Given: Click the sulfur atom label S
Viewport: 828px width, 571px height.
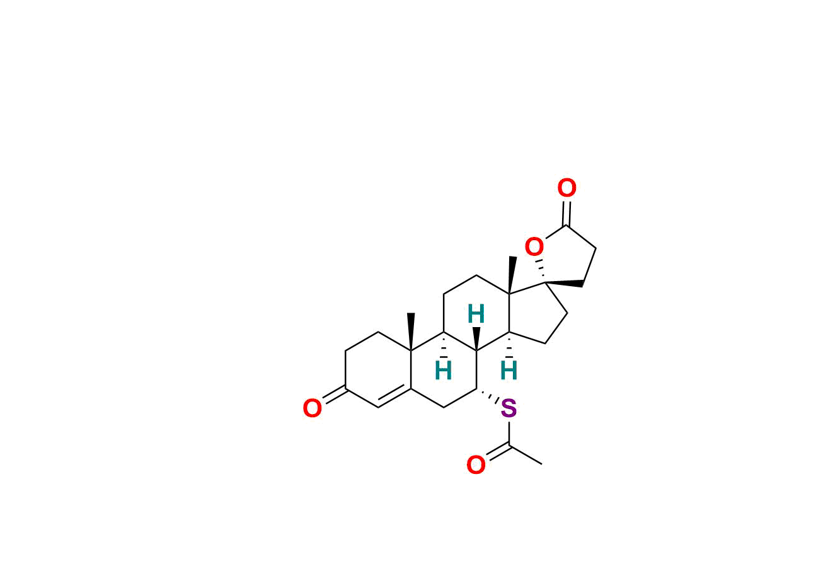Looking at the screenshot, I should click(509, 410).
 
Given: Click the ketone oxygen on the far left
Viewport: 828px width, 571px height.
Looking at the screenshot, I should click(312, 408).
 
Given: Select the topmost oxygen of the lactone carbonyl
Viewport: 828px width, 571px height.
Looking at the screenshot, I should click(566, 188).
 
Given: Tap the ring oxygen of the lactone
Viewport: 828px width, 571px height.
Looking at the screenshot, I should click(534, 247).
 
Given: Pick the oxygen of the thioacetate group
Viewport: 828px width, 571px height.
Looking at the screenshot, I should click(476, 466).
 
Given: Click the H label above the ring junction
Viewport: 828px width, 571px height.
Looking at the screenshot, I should click(476, 314).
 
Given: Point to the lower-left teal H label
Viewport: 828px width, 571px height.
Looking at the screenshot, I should click(444, 371).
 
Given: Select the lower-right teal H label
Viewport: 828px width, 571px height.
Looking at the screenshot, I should click(509, 371).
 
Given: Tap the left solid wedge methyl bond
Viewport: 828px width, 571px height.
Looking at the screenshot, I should click(411, 332).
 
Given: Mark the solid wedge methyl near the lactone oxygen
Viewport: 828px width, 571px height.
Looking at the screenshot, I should click(512, 275).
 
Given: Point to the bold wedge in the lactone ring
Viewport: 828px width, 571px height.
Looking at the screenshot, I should click(565, 284).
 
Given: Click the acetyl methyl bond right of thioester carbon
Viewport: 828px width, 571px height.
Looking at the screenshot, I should click(526, 455).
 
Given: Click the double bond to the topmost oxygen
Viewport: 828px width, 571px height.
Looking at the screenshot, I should click(567, 212).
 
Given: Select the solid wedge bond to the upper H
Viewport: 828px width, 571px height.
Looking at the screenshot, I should click(476, 338).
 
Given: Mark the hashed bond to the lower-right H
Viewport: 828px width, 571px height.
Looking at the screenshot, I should click(509, 346).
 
